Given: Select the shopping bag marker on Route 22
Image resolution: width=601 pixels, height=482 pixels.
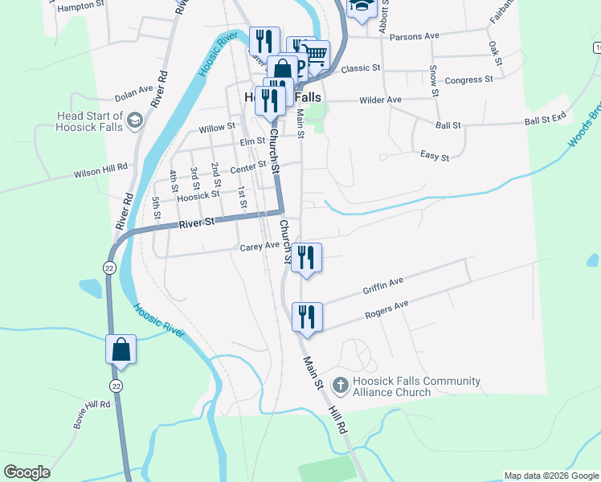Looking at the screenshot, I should [121, 350].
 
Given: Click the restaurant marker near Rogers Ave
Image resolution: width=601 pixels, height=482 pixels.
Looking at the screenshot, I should [307, 317].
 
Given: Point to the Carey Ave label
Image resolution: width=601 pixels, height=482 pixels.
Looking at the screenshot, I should [260, 247].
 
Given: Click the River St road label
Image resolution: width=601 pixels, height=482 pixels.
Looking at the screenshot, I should [198, 223].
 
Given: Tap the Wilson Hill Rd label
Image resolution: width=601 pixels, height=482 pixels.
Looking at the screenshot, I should [100, 170].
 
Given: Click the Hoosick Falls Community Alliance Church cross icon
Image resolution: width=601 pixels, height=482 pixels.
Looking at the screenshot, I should [340, 386].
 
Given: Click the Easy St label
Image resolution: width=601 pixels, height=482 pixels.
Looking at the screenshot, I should [435, 157].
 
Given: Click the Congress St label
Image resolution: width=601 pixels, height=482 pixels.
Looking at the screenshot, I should [468, 80].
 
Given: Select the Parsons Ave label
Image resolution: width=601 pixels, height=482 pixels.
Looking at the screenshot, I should [414, 36].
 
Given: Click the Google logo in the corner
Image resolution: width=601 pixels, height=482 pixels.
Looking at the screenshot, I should [27, 472].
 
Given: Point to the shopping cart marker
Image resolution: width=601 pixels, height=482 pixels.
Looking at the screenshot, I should [316, 55].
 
